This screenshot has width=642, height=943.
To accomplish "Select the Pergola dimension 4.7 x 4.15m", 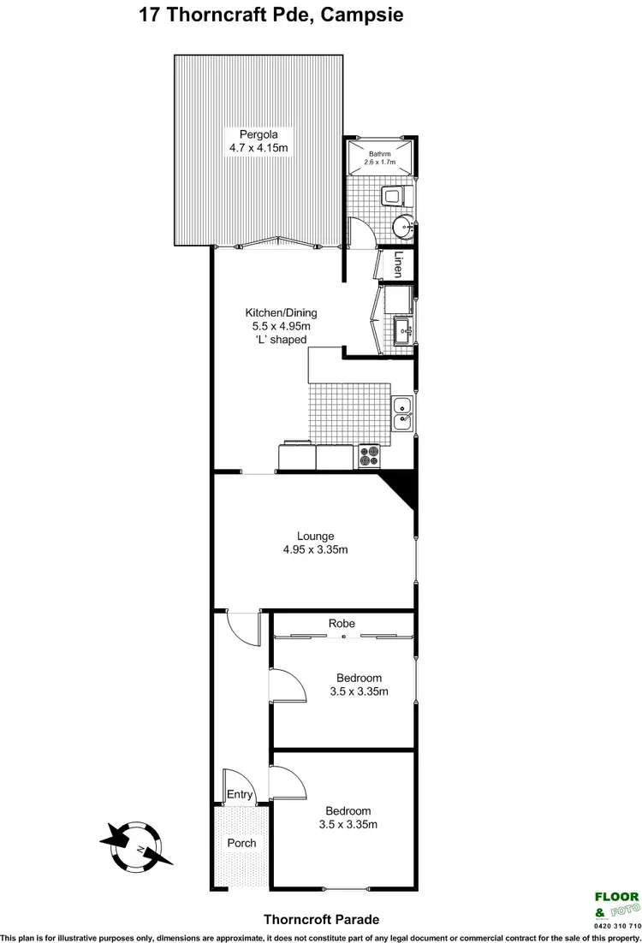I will coord(258,149).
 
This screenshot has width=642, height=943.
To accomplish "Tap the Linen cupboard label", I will coord(398,264).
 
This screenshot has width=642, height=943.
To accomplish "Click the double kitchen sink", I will coord(401,413).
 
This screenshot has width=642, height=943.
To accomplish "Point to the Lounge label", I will coord(316,536).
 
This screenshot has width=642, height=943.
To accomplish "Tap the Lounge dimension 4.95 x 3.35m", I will coord(316,549).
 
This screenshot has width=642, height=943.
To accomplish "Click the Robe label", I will coord(342,624).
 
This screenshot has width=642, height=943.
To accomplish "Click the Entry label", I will coord(240,795).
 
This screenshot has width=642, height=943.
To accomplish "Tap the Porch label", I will coord(241,843).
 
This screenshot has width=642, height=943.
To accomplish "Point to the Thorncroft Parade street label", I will coord(322,919).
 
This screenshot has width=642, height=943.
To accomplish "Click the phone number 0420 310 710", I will coord(616,925).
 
